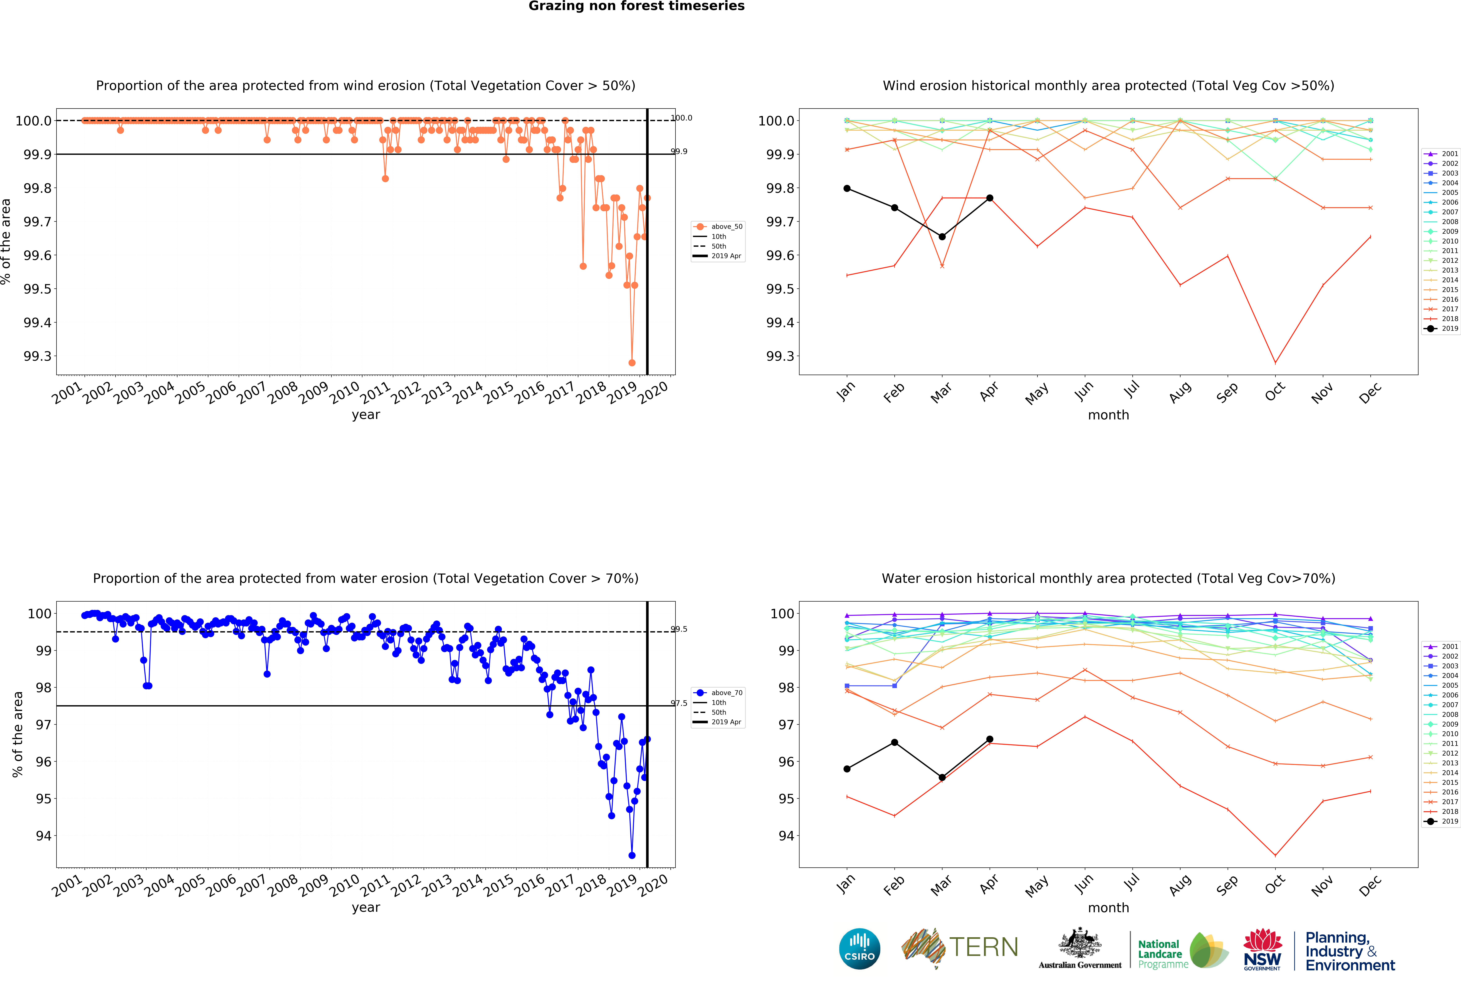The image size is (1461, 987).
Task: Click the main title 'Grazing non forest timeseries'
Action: click(x=636, y=6)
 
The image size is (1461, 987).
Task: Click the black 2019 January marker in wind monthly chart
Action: click(x=847, y=188)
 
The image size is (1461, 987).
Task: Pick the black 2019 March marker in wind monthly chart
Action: click(x=942, y=237)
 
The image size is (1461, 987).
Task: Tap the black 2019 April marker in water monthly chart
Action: click(x=989, y=740)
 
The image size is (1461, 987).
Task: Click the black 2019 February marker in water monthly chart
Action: click(x=895, y=743)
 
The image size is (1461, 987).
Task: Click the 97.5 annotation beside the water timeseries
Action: click(x=679, y=704)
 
